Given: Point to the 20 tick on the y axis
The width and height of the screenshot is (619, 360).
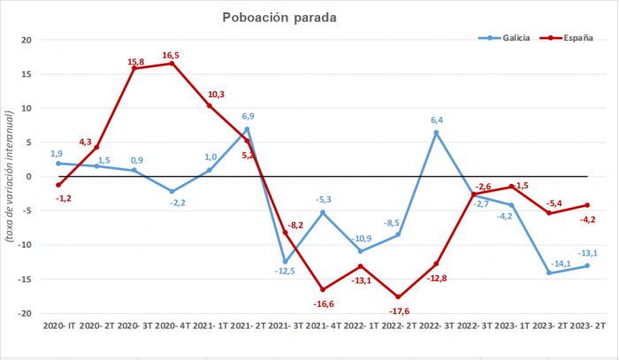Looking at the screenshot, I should [26, 40].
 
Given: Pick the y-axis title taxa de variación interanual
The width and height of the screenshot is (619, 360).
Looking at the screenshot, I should [10, 176].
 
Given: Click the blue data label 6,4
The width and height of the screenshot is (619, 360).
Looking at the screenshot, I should [437, 120].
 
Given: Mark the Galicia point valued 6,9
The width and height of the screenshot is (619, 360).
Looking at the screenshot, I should [247, 129].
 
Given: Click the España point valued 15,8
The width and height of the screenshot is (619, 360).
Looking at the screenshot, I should [134, 68].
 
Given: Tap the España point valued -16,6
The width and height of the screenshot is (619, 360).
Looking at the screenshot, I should [323, 289].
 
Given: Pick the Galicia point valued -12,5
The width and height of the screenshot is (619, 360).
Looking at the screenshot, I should [285, 262].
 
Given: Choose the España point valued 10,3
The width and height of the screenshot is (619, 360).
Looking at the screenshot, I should [210, 106].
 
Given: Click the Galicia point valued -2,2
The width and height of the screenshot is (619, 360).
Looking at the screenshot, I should [172, 191].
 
